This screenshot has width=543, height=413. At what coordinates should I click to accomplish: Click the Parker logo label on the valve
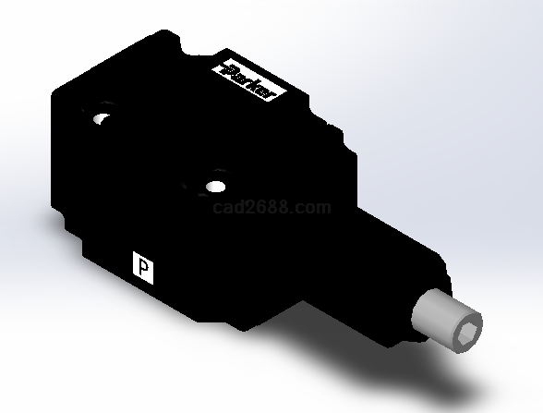click(x=248, y=80)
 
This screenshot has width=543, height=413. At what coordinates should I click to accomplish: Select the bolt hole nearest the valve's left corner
click(x=102, y=118)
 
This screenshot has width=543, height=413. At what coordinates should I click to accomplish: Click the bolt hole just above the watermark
click(x=215, y=187)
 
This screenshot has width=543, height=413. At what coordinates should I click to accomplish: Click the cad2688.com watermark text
click(x=271, y=208)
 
